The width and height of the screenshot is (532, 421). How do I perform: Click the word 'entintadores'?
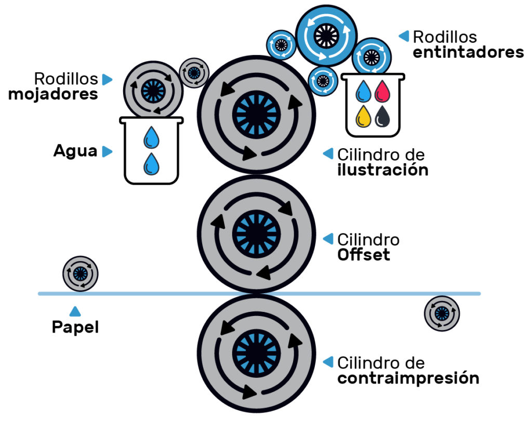click(x=468, y=52)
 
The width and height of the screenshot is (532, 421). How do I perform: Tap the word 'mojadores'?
click(x=53, y=95)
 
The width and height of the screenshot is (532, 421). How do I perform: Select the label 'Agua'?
click(x=75, y=151)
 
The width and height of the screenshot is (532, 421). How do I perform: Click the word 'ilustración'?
click(x=382, y=170)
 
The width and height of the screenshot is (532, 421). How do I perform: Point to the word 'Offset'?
click(x=364, y=255)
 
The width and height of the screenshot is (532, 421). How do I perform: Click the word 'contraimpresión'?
click(x=408, y=378)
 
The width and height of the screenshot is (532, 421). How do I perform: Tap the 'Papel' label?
click(x=75, y=328)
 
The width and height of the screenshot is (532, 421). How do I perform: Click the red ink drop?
click(x=382, y=91)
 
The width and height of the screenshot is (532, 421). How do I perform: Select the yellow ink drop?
click(x=363, y=116)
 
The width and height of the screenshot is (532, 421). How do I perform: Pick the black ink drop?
click(x=382, y=116)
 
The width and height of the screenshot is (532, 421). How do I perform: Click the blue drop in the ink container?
click(x=363, y=91)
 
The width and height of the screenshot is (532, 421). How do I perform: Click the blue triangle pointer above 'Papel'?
click(x=75, y=311)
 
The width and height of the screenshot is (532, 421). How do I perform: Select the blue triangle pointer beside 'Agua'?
click(x=107, y=151)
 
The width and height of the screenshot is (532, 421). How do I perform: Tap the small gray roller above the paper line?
click(x=81, y=273)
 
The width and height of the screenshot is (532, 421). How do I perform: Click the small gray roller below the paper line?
click(x=442, y=313)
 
